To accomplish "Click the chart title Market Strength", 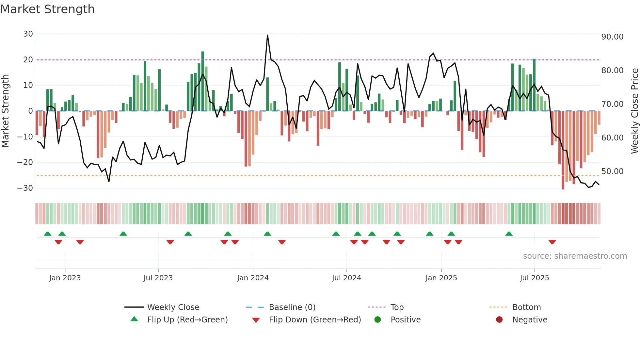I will (47, 9).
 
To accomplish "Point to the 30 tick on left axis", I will (28, 34).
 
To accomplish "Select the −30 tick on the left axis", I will (25, 188).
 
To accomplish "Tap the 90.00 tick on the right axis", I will (612, 37).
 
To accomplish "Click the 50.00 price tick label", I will (612, 172).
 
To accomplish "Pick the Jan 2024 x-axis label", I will (253, 278).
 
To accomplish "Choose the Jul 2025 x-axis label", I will (534, 278).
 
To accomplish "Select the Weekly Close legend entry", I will (173, 307).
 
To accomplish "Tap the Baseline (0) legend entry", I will (292, 307).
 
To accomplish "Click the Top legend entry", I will (397, 307).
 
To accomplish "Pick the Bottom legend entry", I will (526, 307).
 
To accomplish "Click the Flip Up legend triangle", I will (134, 319).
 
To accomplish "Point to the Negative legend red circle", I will (499, 319).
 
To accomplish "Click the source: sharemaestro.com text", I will (575, 256).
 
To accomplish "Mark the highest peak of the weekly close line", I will (267, 35).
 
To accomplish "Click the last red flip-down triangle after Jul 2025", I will (552, 242).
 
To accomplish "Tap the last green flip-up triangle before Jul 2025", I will (509, 234).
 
